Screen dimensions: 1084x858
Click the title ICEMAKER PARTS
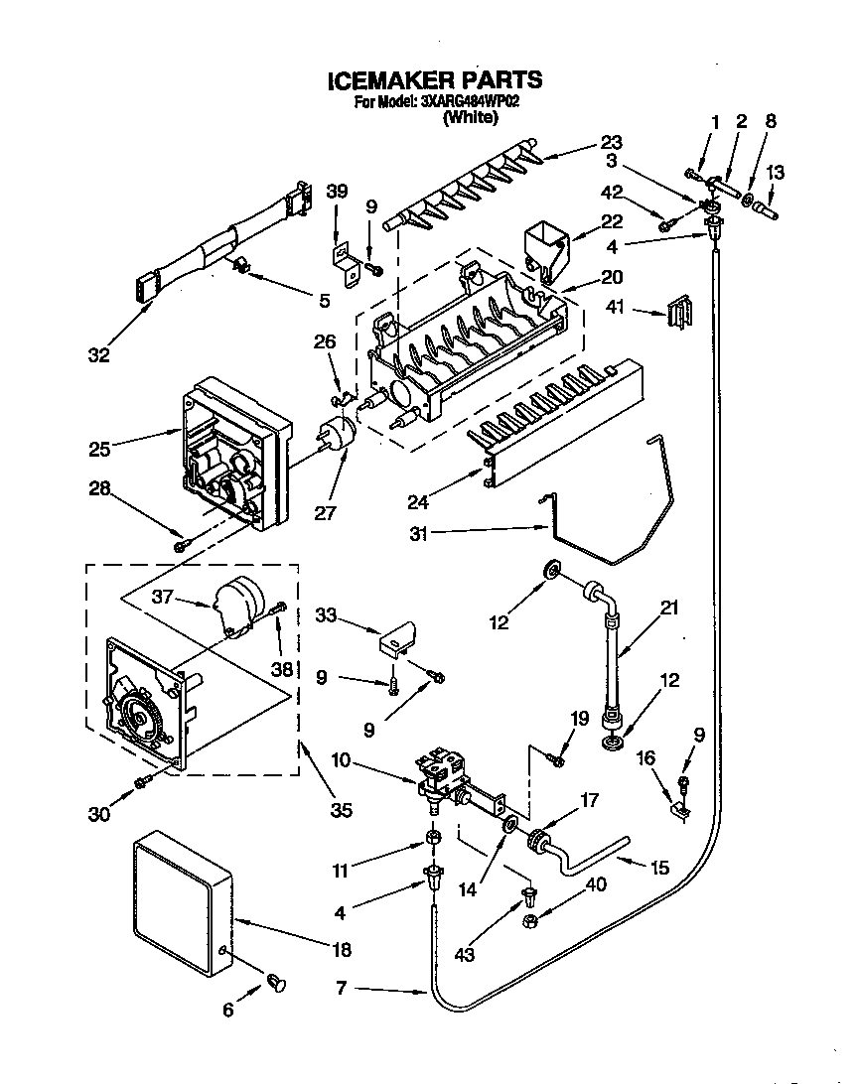coord(434,80)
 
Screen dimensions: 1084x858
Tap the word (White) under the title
coord(470,117)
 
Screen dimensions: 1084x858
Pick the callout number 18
coord(341,950)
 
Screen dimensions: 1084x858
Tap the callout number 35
coord(341,811)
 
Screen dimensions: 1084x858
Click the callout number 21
coord(669,608)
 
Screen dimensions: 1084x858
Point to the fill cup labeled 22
coord(544,248)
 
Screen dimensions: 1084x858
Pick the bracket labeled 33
coord(397,640)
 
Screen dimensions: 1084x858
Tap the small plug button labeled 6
coord(277,984)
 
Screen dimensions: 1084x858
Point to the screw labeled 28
coord(180,545)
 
